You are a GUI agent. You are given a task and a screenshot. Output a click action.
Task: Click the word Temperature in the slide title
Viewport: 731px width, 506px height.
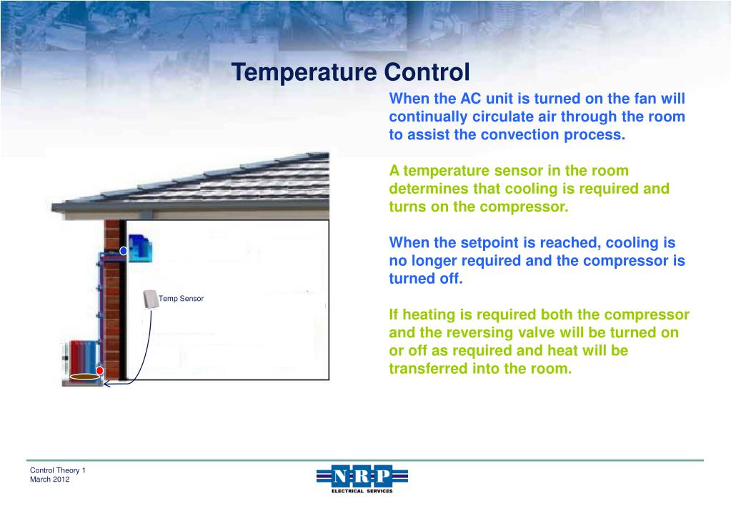[x=305, y=72]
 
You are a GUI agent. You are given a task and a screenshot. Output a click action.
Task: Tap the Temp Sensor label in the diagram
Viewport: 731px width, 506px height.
[x=181, y=298]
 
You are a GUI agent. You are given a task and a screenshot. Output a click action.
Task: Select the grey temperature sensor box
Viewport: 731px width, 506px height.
[x=151, y=299]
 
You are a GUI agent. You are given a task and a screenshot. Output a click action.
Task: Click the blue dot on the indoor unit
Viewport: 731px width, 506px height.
[x=124, y=251]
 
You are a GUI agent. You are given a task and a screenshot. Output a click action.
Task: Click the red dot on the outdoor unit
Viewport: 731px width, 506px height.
[x=100, y=370]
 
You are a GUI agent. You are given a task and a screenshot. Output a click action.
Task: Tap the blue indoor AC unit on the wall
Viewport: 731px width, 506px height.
[x=141, y=247]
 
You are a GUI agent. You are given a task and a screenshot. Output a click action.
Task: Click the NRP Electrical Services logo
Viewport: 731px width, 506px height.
[x=362, y=478]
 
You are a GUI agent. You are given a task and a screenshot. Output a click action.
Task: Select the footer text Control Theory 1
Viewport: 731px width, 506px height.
[x=58, y=470]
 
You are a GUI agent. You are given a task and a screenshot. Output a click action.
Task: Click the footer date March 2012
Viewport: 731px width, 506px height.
[x=50, y=480]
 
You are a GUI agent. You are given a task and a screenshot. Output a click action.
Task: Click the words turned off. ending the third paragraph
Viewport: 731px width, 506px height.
[x=426, y=279]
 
